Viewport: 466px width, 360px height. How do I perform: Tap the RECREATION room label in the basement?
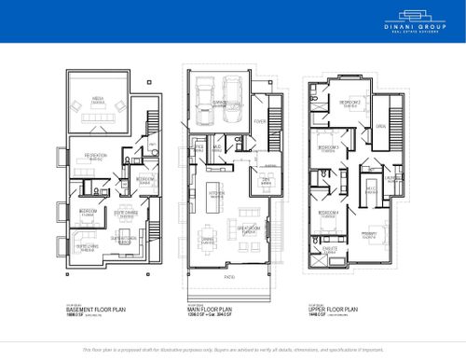point(95,155)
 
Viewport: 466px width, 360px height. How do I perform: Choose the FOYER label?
point(259,121)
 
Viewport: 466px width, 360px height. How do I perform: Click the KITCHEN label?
point(216,194)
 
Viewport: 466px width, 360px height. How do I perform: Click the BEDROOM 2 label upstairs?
point(350,102)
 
